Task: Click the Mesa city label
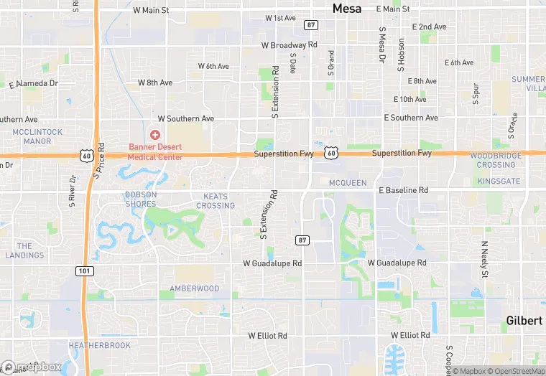pos(347,9)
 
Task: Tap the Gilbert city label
pos(524,320)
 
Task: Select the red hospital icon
pos(154,135)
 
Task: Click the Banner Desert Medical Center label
pos(156,151)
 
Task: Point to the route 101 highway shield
pos(83,270)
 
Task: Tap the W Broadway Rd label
pos(289,44)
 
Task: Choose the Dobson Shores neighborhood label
pos(140,199)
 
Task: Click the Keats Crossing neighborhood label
pos(216,201)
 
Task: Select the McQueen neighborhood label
pos(348,182)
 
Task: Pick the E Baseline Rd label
pos(403,190)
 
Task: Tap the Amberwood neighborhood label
pos(194,288)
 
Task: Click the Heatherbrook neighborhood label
pos(99,345)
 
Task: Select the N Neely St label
pos(485,258)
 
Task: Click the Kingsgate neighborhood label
pos(499,181)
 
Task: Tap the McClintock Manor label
pos(37,136)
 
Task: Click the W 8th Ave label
pos(155,83)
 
